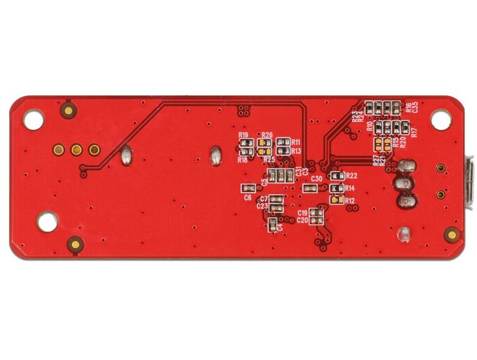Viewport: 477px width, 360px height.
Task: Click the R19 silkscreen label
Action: (244, 136)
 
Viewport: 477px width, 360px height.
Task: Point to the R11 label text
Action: (296, 142)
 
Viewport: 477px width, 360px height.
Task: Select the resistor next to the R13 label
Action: (283, 150)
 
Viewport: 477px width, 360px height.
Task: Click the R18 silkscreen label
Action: (242, 159)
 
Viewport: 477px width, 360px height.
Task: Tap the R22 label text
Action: (351, 176)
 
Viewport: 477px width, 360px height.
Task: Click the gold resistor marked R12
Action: (336, 199)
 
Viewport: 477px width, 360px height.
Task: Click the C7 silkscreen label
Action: (264, 199)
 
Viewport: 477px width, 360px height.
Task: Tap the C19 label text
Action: (302, 214)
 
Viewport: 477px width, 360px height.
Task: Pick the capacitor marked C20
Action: (316, 221)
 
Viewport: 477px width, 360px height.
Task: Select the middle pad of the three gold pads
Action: (76, 149)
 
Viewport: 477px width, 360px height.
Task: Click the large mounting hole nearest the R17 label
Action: (440, 119)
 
